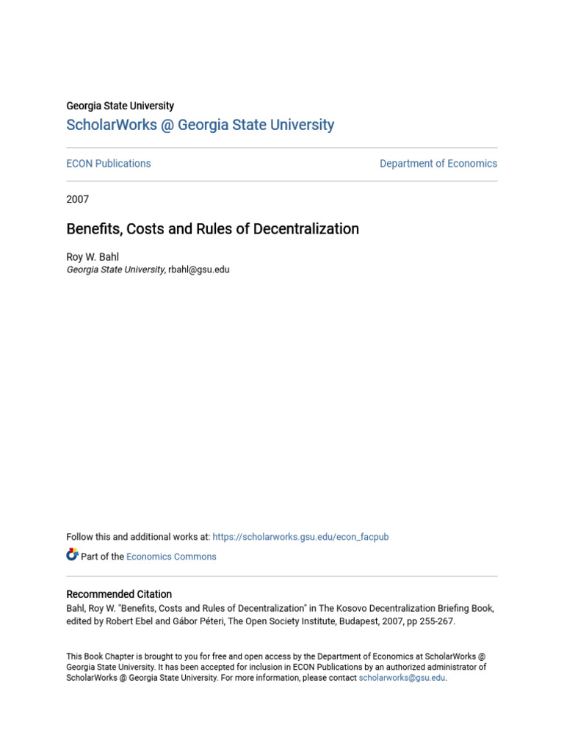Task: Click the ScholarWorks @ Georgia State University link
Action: coord(200,125)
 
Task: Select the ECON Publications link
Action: coord(109,164)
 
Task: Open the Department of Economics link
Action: coord(438,164)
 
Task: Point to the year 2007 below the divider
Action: coord(78,199)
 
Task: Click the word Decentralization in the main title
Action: coord(306,229)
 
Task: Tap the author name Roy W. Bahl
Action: coord(92,257)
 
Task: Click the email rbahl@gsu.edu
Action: coord(199,270)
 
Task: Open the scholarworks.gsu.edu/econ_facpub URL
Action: coord(300,537)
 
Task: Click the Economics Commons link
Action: coord(171,557)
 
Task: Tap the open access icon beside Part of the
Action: coord(72,555)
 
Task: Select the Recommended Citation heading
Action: coord(119,594)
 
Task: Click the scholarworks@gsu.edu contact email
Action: coord(402,678)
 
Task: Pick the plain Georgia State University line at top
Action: coord(120,106)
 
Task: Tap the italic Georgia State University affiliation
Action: coord(115,270)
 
